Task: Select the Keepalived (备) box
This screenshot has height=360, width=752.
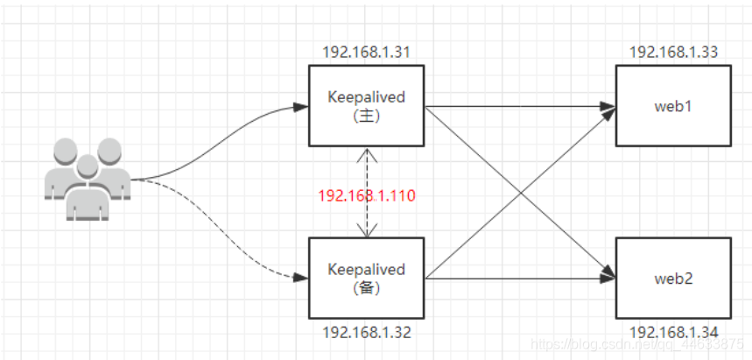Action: [366, 279]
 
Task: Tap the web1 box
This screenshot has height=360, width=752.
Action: [672, 107]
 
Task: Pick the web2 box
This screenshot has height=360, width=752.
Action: [672, 279]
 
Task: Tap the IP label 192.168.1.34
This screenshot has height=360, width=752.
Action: [672, 334]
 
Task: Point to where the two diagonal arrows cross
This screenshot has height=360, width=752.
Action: [520, 193]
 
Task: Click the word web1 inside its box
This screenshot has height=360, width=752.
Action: [672, 107]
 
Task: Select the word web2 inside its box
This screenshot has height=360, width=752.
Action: [672, 279]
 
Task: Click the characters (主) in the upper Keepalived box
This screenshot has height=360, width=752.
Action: [366, 116]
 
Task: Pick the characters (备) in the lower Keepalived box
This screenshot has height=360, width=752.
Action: [366, 287]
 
